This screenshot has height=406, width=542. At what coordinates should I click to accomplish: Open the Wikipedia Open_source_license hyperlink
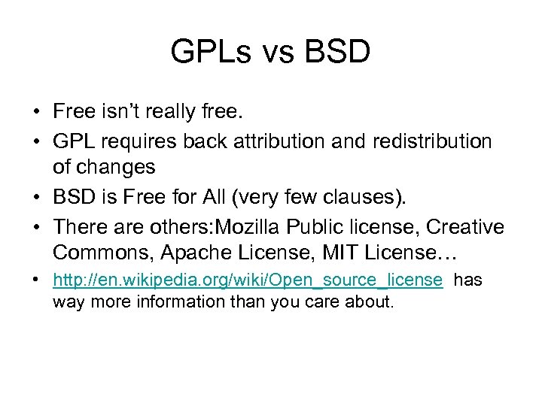[248, 280]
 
